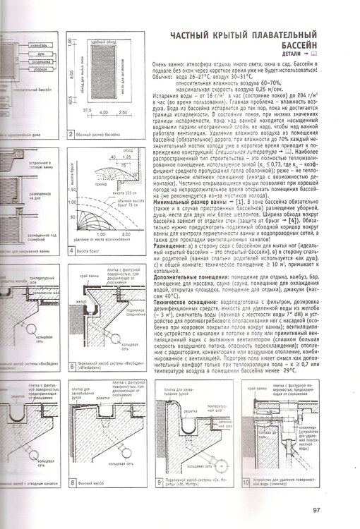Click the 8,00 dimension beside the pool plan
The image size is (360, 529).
tap(78, 71)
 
